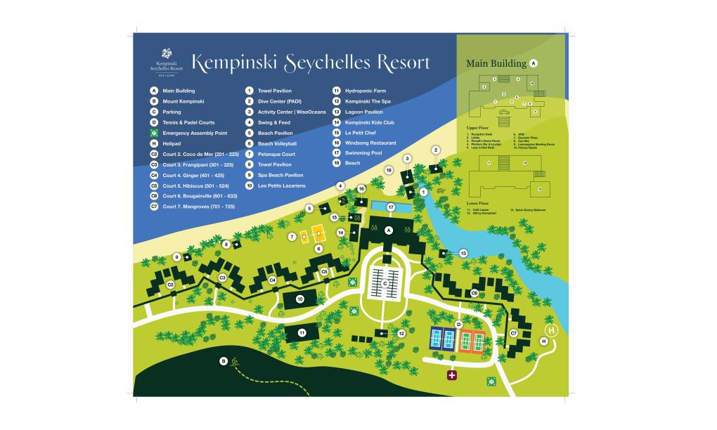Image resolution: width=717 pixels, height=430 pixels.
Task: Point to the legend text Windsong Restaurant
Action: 370,143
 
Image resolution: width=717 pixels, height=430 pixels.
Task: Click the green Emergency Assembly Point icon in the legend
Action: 153,133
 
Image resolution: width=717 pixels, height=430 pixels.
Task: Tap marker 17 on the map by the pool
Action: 392,207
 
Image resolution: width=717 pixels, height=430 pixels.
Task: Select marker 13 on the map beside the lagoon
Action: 464,253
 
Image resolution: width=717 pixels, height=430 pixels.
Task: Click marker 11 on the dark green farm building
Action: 302,332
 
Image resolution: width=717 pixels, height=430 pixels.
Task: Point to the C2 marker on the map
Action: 170,285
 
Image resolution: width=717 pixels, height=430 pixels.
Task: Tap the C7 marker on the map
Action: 514,333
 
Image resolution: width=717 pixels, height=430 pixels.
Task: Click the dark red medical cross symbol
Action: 451,376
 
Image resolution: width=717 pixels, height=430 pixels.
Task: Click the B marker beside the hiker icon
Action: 224,361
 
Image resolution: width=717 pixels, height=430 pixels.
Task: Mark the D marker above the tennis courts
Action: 458,324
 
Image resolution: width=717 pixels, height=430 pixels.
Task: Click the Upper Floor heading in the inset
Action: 477,127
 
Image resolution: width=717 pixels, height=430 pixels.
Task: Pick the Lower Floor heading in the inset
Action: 477,203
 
